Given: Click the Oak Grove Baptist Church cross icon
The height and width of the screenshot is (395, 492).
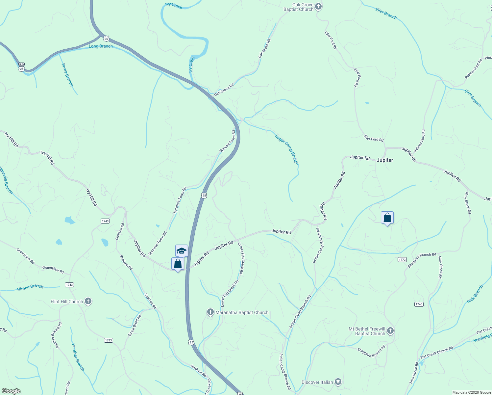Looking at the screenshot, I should (x=318, y=6).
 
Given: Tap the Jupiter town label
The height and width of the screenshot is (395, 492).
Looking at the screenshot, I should (x=385, y=160).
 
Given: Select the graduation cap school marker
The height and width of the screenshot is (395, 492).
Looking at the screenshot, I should (x=182, y=251).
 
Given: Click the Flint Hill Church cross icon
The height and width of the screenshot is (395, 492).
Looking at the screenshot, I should (x=88, y=301).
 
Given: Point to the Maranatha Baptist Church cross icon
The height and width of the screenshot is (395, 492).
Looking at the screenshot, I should (x=210, y=312).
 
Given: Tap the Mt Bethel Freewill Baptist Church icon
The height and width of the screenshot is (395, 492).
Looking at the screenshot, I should (x=390, y=330).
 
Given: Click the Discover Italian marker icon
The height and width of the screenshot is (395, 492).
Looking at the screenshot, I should (x=338, y=382).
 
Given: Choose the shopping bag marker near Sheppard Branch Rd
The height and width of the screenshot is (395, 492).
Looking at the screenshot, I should (x=387, y=218).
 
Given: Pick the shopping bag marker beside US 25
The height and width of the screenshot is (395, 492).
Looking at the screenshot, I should (x=178, y=264).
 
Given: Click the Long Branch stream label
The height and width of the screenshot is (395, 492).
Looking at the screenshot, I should (x=101, y=46).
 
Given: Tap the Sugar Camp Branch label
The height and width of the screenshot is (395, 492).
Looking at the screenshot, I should (x=287, y=149).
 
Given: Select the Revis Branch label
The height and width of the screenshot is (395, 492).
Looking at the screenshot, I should (x=67, y=75).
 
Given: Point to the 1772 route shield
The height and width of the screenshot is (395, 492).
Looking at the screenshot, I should (x=402, y=259).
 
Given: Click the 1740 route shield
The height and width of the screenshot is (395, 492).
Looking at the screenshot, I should (x=419, y=304).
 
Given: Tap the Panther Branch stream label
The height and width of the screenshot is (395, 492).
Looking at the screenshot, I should (x=78, y=357).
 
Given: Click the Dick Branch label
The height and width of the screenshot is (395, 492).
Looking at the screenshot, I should (x=475, y=294).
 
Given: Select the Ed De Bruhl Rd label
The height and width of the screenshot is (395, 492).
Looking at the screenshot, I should (x=135, y=325).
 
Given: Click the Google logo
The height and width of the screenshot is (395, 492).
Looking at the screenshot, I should (x=11, y=391).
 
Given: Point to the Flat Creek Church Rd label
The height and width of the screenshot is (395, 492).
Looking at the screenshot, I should (x=436, y=352).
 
